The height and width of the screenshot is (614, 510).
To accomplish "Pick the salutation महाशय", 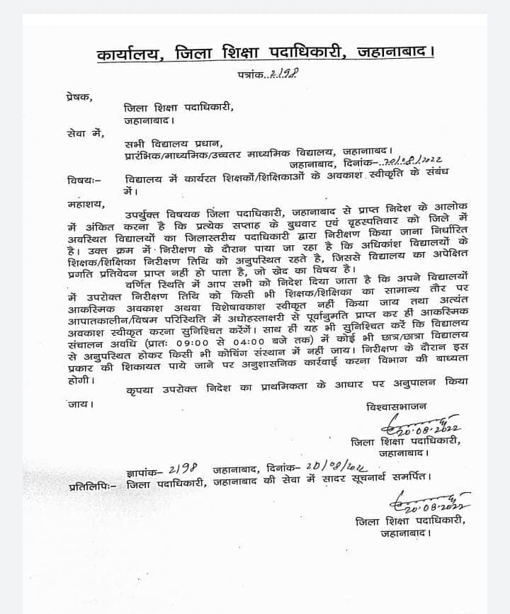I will coord(81,204).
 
